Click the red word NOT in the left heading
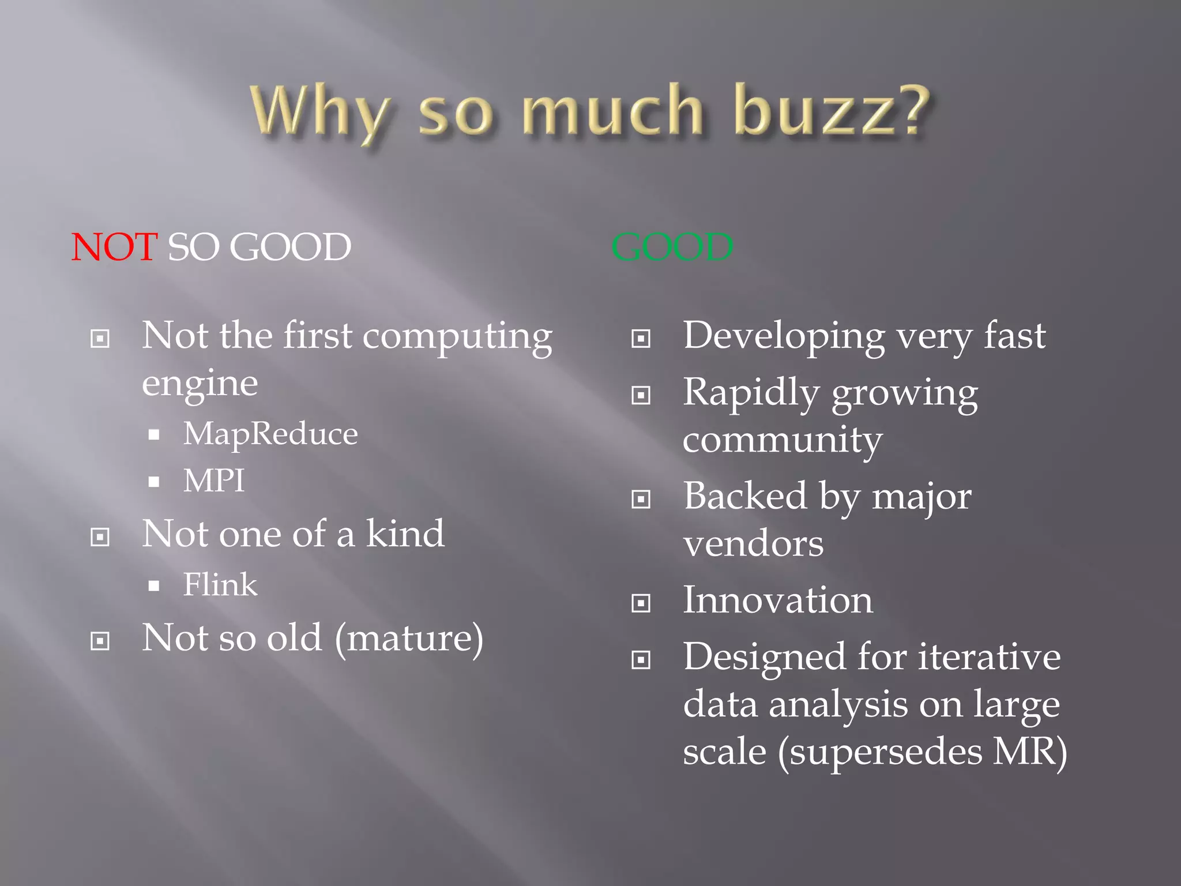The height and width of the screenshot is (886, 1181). coord(114,247)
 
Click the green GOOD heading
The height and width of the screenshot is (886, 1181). coord(672,247)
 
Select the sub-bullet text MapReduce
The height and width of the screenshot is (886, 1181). coord(270,434)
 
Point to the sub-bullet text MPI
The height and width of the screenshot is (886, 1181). coord(213,480)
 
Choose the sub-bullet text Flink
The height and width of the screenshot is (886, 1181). coord(220,585)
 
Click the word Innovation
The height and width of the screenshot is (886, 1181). coord(778,600)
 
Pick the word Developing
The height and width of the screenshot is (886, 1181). coord(784,336)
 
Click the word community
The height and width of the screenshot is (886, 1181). coord(783,440)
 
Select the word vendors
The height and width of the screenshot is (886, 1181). coord(753,543)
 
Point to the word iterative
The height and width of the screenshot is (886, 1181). coord(989,657)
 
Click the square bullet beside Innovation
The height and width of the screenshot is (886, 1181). coord(641,603)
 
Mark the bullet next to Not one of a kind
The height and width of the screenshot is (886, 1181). coord(100,537)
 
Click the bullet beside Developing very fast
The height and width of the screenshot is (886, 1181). coord(641,339)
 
